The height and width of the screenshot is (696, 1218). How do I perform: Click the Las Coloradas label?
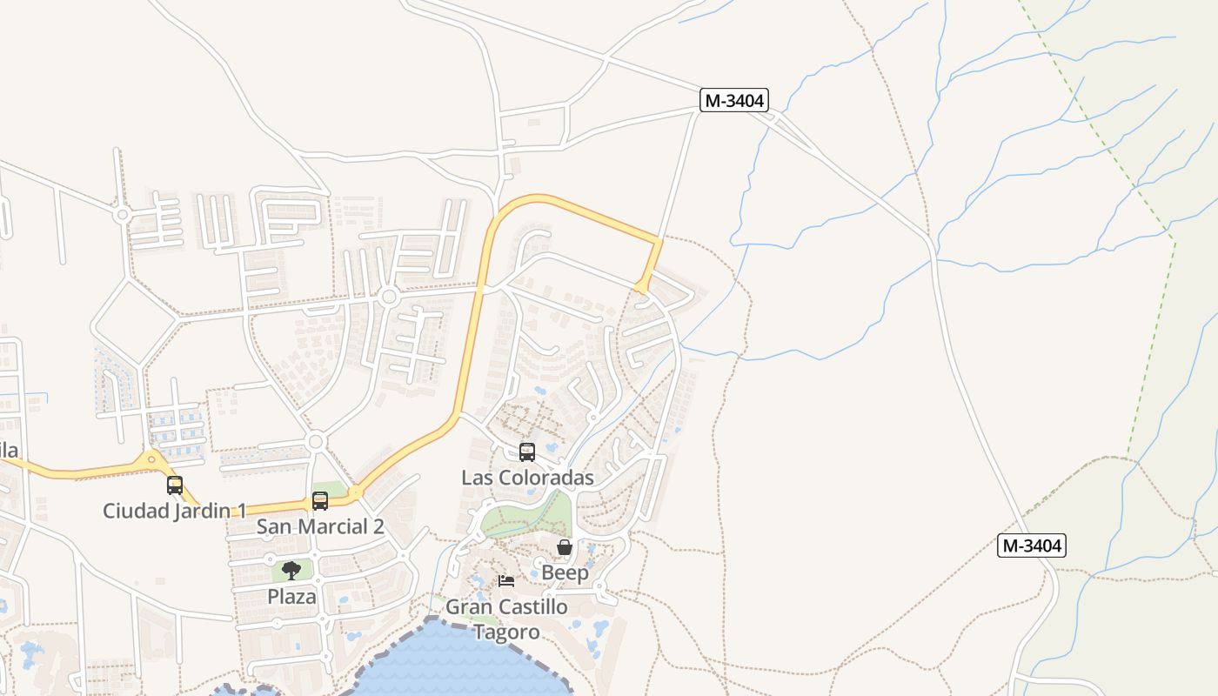pos(527,478)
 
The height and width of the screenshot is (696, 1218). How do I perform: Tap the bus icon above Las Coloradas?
pos(527,452)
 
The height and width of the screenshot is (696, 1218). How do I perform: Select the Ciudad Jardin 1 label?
pos(175,510)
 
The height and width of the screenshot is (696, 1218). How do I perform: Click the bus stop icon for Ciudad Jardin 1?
pos(175,485)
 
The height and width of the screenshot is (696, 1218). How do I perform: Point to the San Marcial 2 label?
pos(320,526)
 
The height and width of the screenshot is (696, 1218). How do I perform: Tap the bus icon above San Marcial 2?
pos(320,500)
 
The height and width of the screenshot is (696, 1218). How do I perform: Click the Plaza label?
pos(291,596)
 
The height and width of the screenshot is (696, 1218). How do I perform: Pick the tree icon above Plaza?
pos(291,571)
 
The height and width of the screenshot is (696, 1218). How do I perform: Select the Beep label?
pos(565,572)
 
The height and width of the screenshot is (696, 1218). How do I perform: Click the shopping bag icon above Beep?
pos(565,547)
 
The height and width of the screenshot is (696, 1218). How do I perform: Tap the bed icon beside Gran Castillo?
pos(506,580)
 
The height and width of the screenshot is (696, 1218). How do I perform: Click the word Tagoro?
pos(506,632)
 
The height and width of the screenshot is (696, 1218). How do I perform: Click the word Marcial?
pos(331,526)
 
